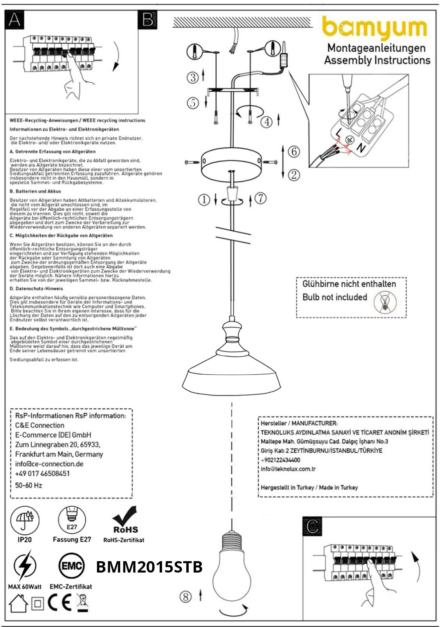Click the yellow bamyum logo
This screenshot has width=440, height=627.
coord(374,28)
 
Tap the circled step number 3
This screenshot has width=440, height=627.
coord(193,77)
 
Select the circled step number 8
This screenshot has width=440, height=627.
coord(186,597)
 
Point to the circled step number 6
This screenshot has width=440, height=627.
coord(294,152)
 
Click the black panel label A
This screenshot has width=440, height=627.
coord(14,20)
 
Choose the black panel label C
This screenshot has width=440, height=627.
coord(312,526)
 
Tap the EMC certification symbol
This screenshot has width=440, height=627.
coord(71,566)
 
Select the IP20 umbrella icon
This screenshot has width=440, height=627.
coord(25,520)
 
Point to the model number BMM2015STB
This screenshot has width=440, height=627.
coord(149,567)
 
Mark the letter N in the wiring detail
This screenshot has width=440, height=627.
coord(361,148)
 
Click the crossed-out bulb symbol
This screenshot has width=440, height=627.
coord(384,302)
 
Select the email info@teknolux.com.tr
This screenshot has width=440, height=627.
coord(288,469)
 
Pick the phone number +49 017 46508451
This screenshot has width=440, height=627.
coord(42,473)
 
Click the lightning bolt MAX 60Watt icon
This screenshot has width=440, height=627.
coord(25,566)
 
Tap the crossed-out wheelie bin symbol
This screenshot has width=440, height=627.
coord(82,603)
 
